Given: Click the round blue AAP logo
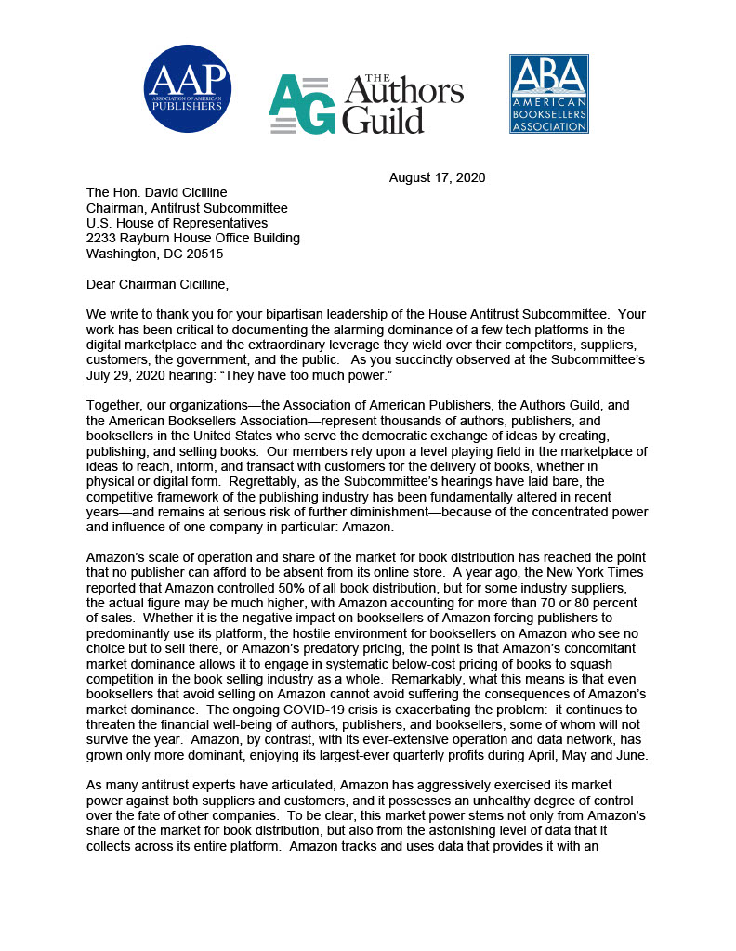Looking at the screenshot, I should pyautogui.click(x=188, y=88).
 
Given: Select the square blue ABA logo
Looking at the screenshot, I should pyautogui.click(x=548, y=93).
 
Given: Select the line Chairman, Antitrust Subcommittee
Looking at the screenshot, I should pyautogui.click(x=187, y=208).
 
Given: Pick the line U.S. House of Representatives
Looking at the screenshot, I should pyautogui.click(x=177, y=223).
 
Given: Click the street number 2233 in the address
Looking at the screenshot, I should pyautogui.click(x=102, y=238).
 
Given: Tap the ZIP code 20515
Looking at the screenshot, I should pyautogui.click(x=204, y=253).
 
